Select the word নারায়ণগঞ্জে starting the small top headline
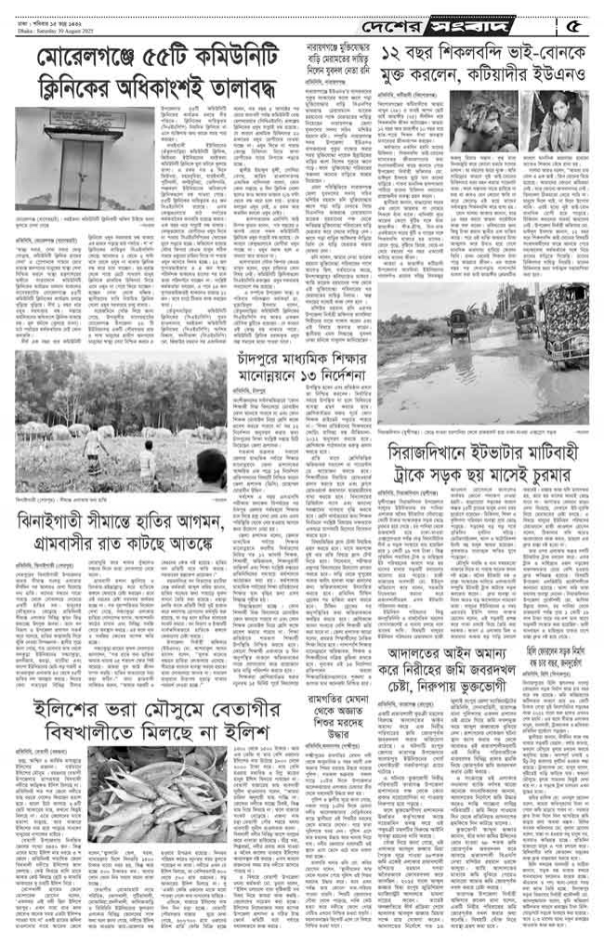pyautogui.click(x=319, y=44)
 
